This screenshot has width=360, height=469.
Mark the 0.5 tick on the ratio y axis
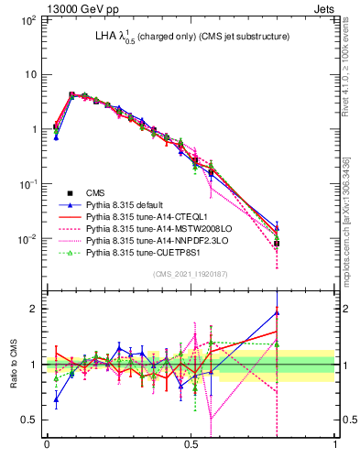pos(30,420)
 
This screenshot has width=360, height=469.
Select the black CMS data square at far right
pos(277,244)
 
